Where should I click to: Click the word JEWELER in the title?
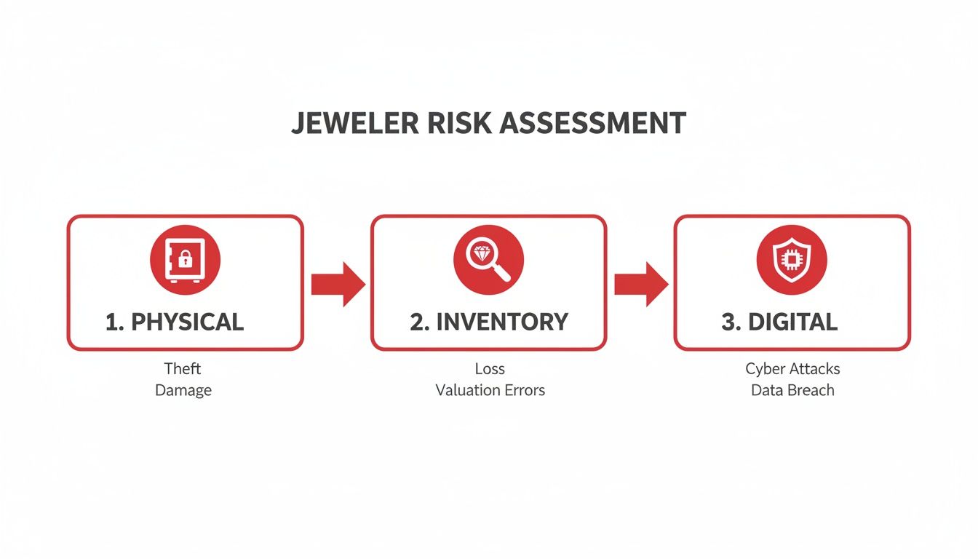coord(355,123)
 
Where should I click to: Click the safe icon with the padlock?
coord(185,259)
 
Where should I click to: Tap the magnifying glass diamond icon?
coord(488,259)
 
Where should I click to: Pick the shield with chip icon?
coord(792,259)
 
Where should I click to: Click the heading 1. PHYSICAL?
coord(175,322)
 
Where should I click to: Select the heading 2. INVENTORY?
coord(488,322)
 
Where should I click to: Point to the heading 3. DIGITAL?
coord(779,322)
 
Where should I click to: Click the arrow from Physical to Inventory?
coord(338,284)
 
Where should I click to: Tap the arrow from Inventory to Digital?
coord(640,284)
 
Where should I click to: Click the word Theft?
coord(183,368)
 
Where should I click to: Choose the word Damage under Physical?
coord(183,390)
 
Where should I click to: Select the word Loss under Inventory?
coord(490,368)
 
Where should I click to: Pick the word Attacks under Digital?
coord(815,368)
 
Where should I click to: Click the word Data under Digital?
coord(766,390)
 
